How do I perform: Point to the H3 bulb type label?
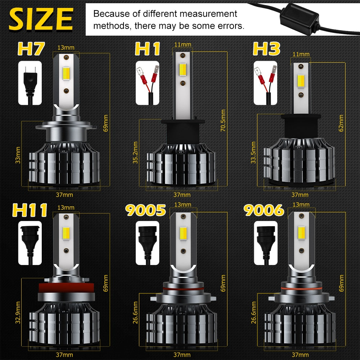point(266,49)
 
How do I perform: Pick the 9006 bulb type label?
point(264,210)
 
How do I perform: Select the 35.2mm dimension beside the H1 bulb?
point(135,153)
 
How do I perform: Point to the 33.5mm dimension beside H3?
point(253,153)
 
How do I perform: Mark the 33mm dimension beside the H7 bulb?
point(18,155)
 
